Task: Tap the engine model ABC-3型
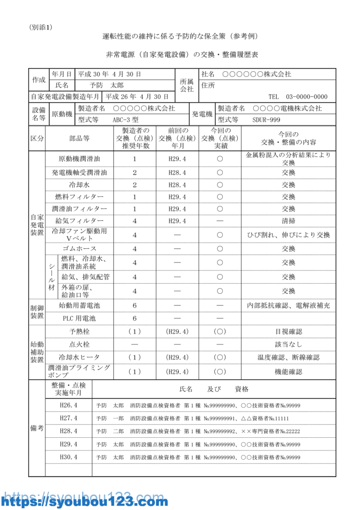125,120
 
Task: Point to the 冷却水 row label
79,185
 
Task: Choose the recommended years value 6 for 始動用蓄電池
135,306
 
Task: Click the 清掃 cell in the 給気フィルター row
288,221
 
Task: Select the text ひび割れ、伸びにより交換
288,235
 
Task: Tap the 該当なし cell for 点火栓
288,345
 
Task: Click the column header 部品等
79,138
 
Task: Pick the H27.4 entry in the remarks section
68,418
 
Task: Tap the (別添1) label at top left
41,27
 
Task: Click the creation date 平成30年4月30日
109,74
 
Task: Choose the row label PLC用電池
79,318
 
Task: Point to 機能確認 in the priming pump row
288,372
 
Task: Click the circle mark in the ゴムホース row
219,248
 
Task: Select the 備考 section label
37,428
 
